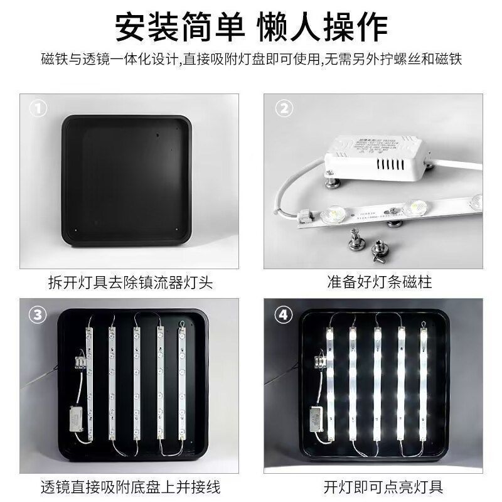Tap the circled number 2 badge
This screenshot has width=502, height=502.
point(284,109)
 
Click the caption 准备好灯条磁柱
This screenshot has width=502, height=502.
point(380,282)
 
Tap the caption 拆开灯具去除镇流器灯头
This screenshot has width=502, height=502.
point(130,282)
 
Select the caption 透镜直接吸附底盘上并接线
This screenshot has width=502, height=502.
point(130,486)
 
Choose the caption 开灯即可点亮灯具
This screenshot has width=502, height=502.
point(380,486)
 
